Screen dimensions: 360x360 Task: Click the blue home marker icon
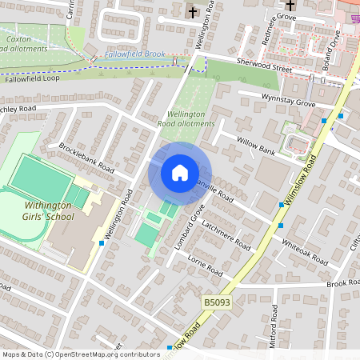click(x=179, y=173)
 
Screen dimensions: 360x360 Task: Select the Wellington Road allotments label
click(x=186, y=119)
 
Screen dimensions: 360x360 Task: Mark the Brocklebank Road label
click(x=86, y=158)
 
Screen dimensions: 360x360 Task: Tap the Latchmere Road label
click(x=226, y=238)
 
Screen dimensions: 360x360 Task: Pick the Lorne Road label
click(x=202, y=265)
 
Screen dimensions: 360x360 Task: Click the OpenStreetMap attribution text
click(x=80, y=354)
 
